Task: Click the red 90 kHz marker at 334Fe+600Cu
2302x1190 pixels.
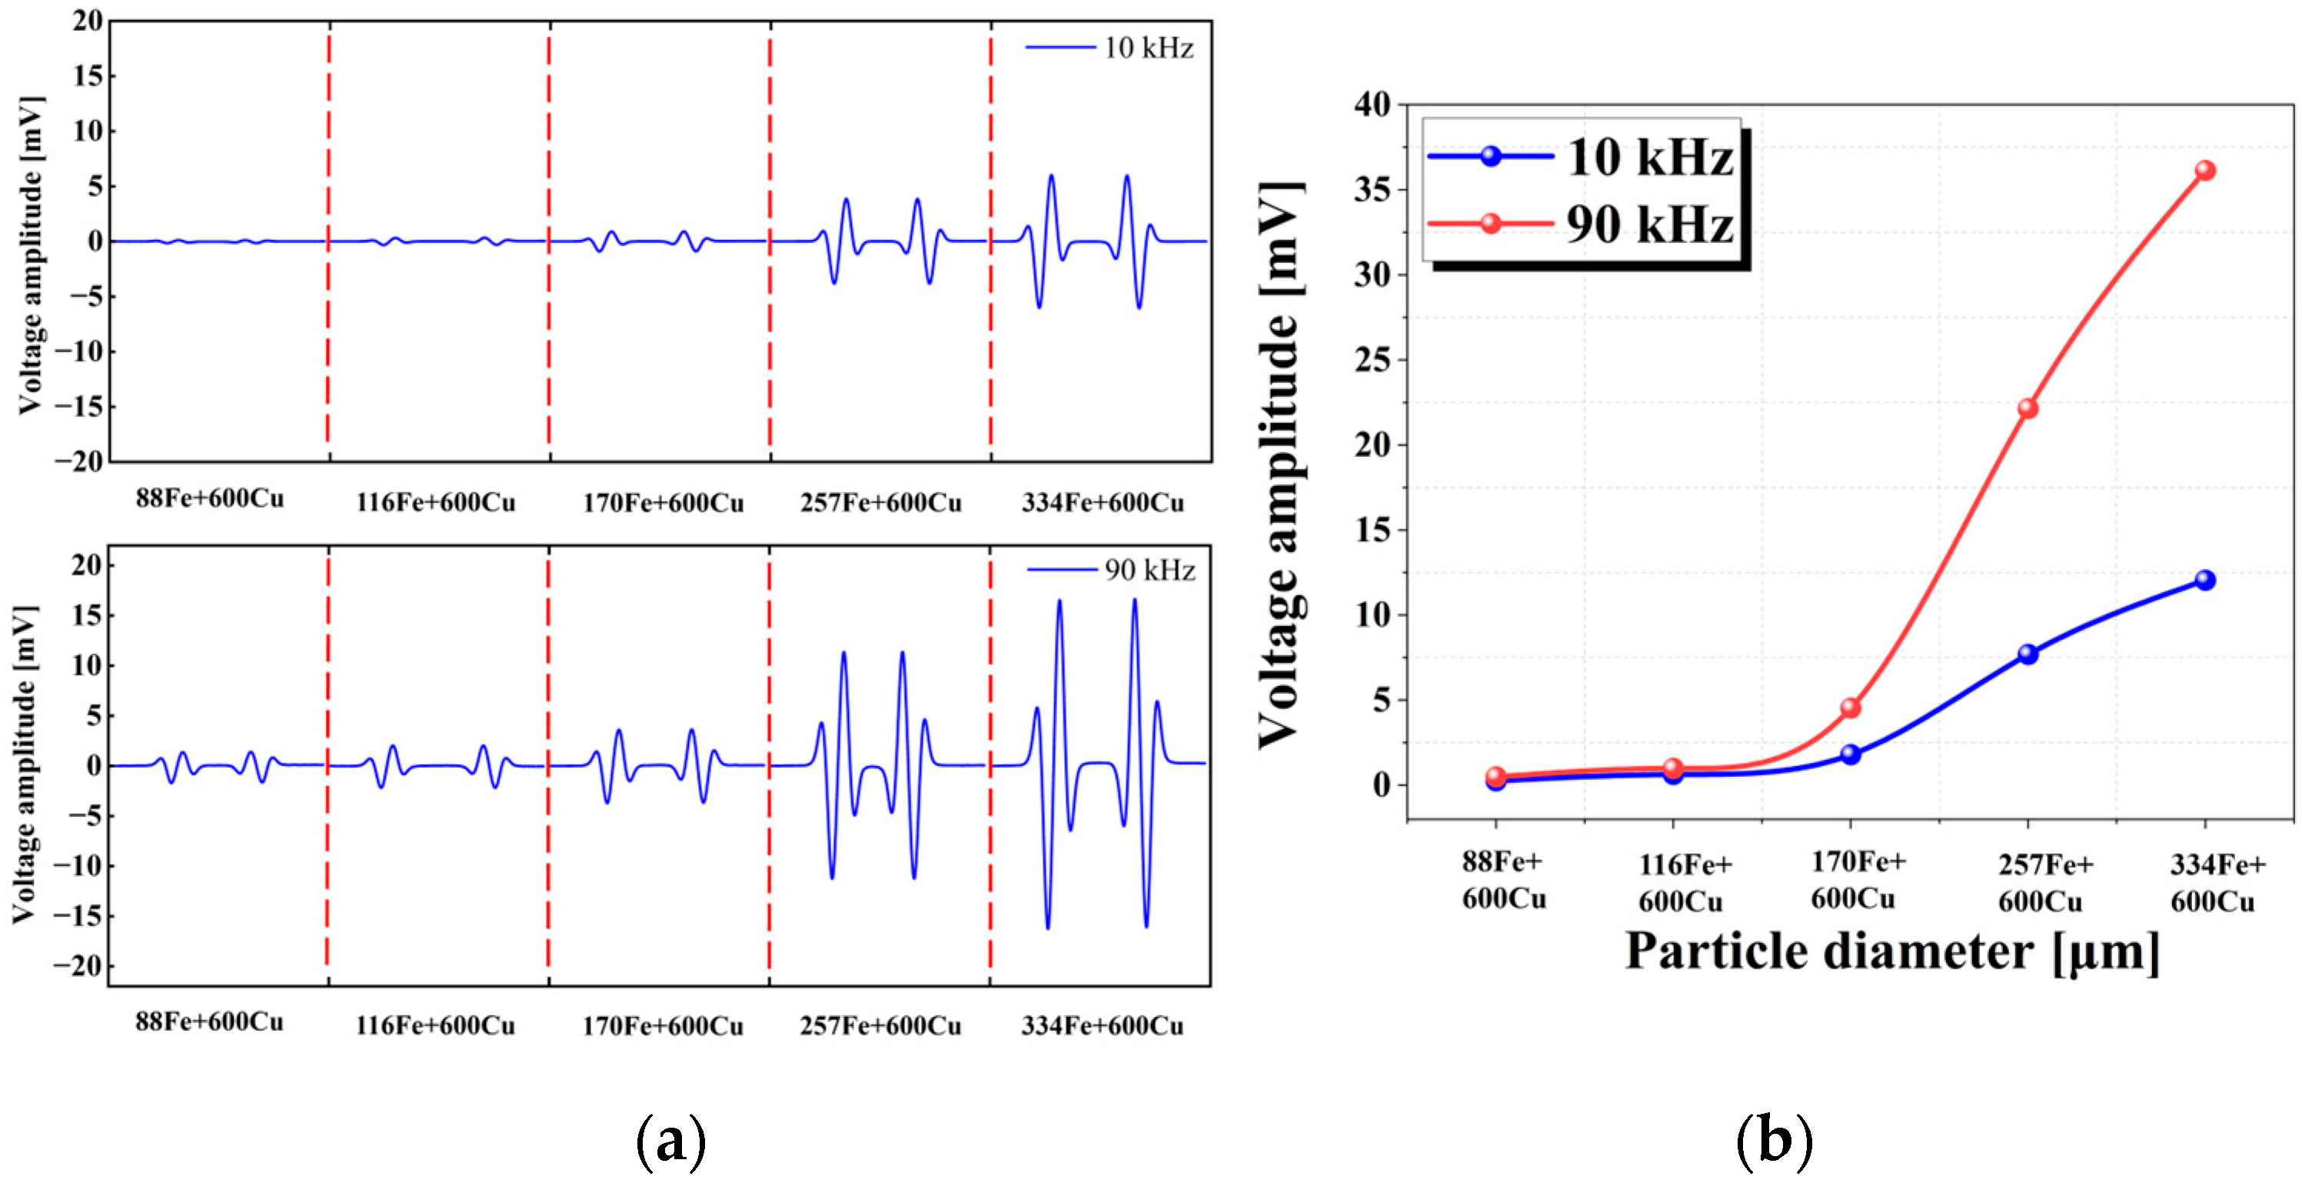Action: [2204, 170]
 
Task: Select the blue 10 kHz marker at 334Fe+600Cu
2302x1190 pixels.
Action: [2204, 580]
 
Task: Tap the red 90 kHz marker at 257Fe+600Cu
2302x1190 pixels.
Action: [2028, 408]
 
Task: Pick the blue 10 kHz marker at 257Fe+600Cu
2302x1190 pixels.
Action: [2028, 655]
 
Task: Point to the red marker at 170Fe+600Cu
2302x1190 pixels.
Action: [1851, 708]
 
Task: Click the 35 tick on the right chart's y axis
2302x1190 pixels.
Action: [1372, 189]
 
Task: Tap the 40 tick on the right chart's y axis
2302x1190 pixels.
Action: [1372, 105]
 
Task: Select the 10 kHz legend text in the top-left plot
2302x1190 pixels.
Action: [1149, 48]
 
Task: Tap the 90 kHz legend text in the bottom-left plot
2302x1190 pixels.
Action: [1149, 571]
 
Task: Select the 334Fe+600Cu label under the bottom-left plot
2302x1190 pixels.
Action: [1102, 1025]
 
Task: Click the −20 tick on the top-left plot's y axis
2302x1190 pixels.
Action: [78, 462]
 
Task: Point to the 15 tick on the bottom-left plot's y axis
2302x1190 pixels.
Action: [88, 616]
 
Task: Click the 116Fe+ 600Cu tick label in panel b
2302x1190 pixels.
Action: [1684, 882]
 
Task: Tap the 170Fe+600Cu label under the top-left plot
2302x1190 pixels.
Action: [663, 503]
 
